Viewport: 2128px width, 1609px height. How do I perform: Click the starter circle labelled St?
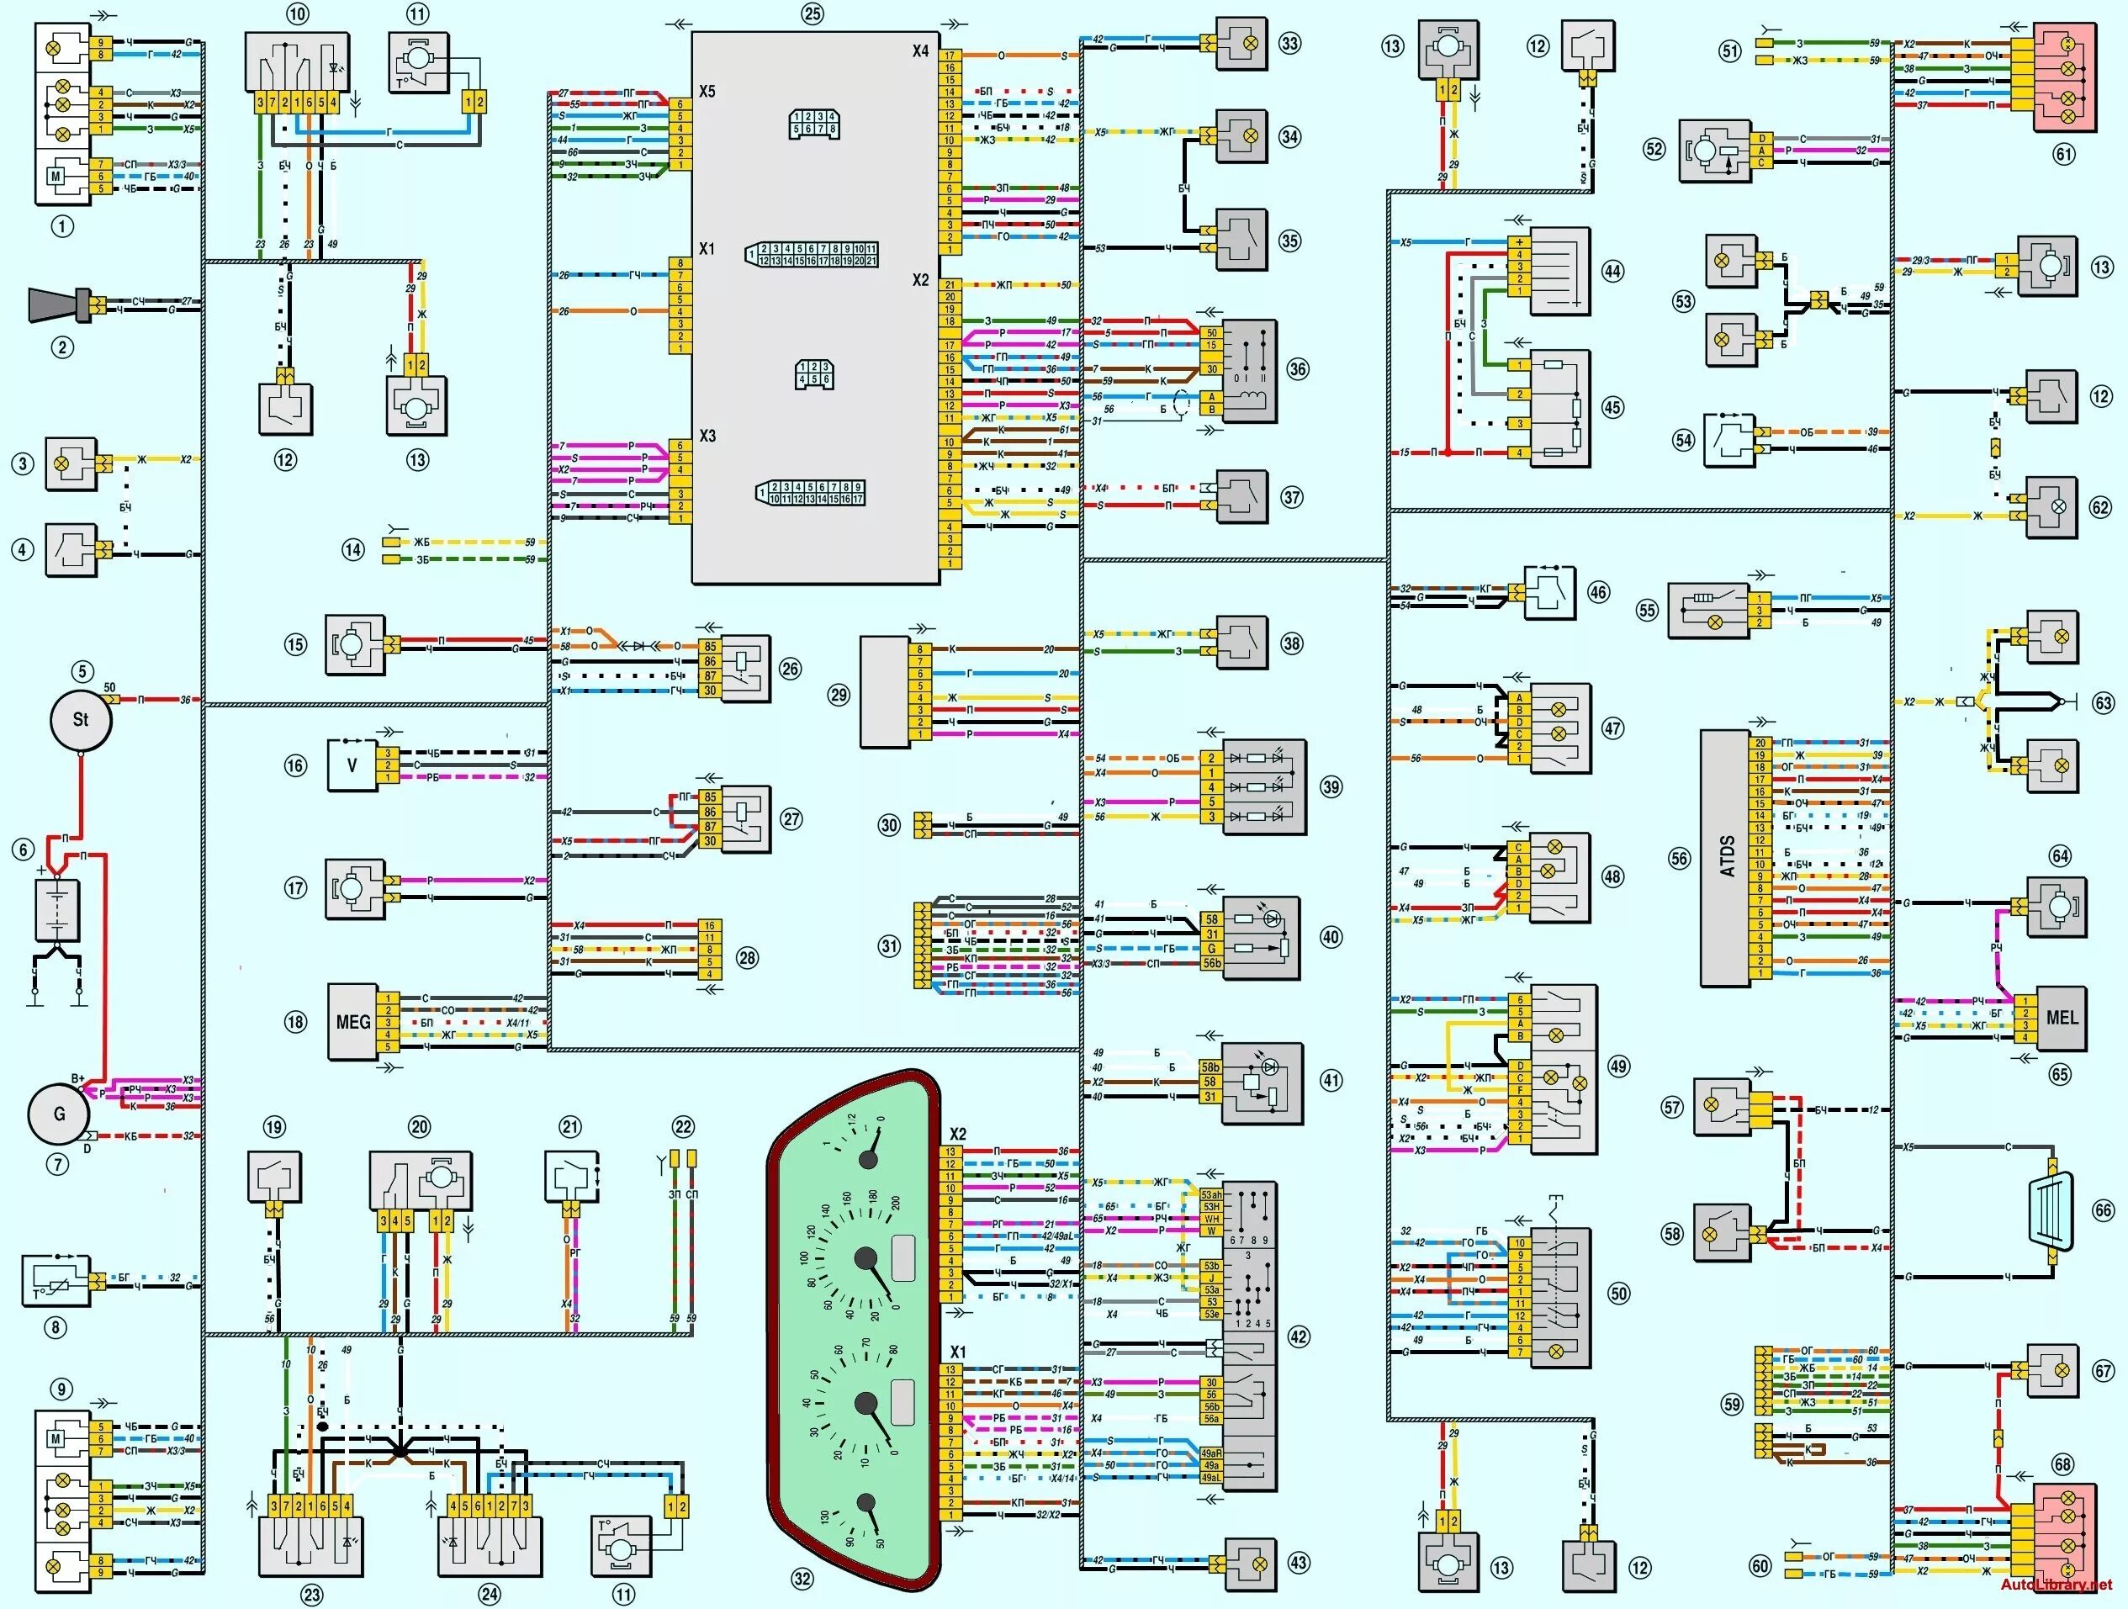click(81, 719)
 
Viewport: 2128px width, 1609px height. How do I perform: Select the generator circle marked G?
click(59, 1114)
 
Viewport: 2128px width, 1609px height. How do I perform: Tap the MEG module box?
click(352, 1021)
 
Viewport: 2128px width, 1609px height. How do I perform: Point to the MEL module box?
click(2061, 1018)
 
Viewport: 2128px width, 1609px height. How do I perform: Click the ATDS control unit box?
click(1725, 857)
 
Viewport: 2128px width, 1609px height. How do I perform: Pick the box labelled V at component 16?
click(352, 765)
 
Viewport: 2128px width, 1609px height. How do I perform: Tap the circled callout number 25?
click(813, 14)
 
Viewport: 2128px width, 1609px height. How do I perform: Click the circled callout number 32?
click(802, 1578)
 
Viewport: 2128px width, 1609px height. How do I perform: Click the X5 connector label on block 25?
click(707, 93)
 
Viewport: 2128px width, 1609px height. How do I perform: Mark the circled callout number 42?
click(1299, 1336)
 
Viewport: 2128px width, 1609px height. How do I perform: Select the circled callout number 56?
click(1679, 858)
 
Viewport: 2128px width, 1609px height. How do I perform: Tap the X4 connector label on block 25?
click(921, 51)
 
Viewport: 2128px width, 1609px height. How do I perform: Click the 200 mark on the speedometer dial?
click(896, 1203)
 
